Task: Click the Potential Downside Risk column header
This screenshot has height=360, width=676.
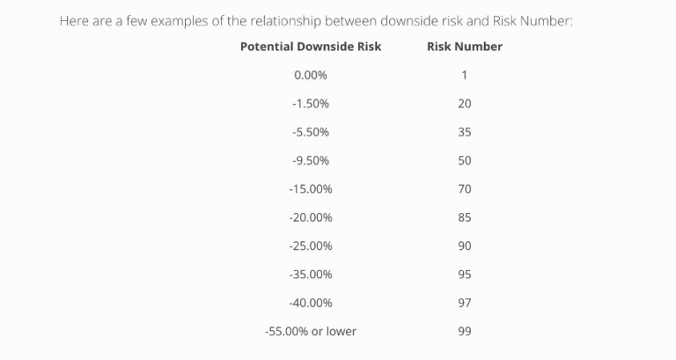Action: (311, 47)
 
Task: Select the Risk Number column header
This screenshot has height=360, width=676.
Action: (464, 47)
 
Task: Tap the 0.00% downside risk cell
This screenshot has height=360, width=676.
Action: (311, 75)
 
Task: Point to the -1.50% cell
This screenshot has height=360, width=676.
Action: (311, 104)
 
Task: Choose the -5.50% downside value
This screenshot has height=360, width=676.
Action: (311, 132)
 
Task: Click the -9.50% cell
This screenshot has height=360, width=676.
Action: (311, 160)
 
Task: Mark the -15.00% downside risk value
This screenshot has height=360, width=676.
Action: (311, 189)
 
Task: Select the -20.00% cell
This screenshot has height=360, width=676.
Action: (311, 217)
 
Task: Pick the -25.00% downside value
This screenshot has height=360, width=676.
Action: (311, 246)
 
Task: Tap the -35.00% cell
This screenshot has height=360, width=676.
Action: (311, 275)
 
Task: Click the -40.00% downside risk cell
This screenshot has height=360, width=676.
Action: (311, 303)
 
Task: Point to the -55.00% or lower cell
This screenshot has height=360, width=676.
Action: (311, 332)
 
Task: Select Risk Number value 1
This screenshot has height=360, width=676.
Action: (464, 75)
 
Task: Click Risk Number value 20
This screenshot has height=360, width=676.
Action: (465, 104)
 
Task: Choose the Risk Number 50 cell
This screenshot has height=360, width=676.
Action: (465, 160)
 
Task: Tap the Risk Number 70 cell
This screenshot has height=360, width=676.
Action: (465, 189)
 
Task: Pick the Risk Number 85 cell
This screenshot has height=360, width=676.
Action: (465, 217)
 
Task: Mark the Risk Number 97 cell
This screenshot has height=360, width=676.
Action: (465, 303)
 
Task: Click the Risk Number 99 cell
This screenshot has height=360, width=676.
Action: (465, 332)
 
